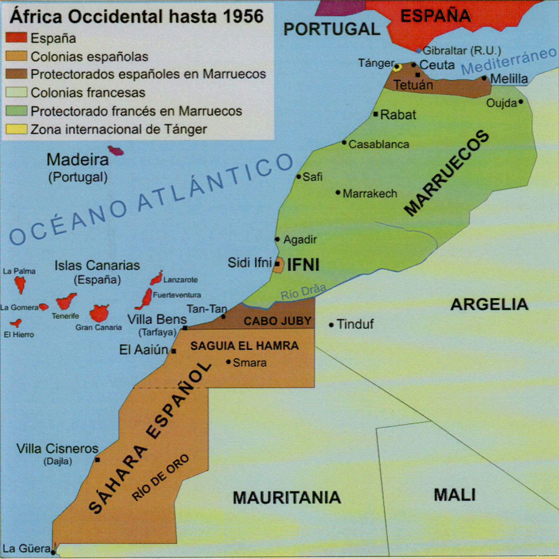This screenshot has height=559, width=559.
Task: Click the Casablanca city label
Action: [x=379, y=144]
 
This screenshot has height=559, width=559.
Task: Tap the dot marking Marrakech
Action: [x=338, y=193]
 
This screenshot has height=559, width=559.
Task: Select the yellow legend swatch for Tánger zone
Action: [x=16, y=129]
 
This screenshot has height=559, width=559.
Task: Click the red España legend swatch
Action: [x=16, y=38]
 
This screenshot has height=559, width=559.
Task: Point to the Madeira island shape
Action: [x=116, y=151]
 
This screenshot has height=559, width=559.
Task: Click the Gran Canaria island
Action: [x=99, y=313]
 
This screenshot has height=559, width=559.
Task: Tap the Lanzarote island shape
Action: [x=157, y=278]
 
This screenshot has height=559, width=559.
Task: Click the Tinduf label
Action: [x=355, y=324]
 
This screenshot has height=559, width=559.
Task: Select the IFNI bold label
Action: [x=303, y=265]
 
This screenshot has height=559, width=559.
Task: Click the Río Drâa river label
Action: [x=303, y=292]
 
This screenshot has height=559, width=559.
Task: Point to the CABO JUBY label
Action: [x=277, y=321]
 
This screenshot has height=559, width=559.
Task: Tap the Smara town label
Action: [x=249, y=363]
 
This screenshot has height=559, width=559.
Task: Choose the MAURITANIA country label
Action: [x=286, y=498]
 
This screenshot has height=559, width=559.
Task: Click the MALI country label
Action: [x=455, y=495]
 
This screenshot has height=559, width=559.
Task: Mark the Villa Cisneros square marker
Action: [x=97, y=460]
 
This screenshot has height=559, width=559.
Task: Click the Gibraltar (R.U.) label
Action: [x=462, y=51]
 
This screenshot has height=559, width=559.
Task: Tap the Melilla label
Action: [x=509, y=79]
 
